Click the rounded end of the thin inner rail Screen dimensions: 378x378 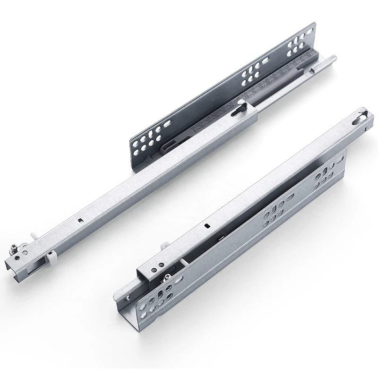(333, 58)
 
